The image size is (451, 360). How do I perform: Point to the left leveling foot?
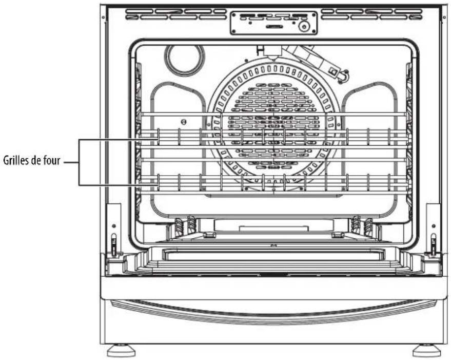click(x=121, y=350)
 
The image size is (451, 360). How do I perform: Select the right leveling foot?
click(x=426, y=350)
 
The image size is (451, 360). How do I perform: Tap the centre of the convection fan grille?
click(x=273, y=126)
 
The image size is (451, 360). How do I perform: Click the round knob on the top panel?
click(x=304, y=27)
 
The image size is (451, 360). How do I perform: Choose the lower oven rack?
click(x=273, y=183)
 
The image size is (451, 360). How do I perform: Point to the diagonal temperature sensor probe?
click(x=317, y=61)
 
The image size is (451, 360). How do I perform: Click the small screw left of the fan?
click(x=184, y=122)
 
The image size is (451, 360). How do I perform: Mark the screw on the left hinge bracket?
click(x=114, y=226)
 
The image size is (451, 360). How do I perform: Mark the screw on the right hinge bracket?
click(x=434, y=226)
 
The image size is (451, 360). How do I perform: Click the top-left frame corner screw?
click(x=103, y=17)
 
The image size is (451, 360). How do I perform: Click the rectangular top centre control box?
click(x=273, y=23)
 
